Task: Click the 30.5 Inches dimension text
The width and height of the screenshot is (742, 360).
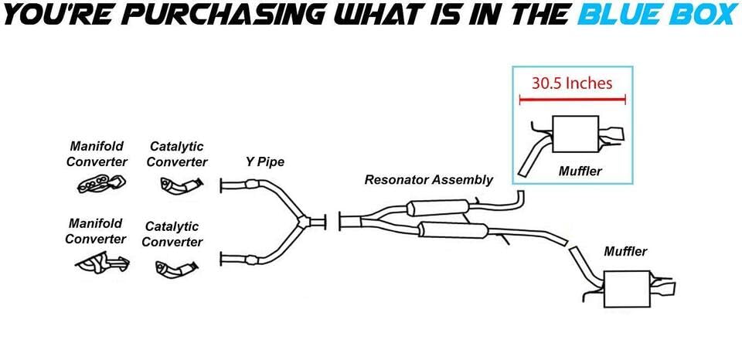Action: [x=571, y=83]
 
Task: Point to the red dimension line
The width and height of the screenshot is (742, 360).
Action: [x=572, y=100]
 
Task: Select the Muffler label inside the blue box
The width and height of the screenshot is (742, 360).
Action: [x=580, y=171]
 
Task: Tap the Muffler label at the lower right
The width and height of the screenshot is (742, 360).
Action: [x=625, y=251]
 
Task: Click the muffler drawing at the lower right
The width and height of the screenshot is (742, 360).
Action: [x=628, y=290]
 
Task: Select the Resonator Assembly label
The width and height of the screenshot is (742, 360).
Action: [x=428, y=180]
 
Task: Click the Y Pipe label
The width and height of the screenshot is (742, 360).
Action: [x=264, y=162]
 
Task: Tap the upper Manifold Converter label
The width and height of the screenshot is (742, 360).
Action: [x=97, y=154]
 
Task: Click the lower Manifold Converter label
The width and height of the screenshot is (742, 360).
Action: [x=96, y=231]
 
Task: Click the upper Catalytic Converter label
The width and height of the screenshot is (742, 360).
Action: [x=177, y=154]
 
